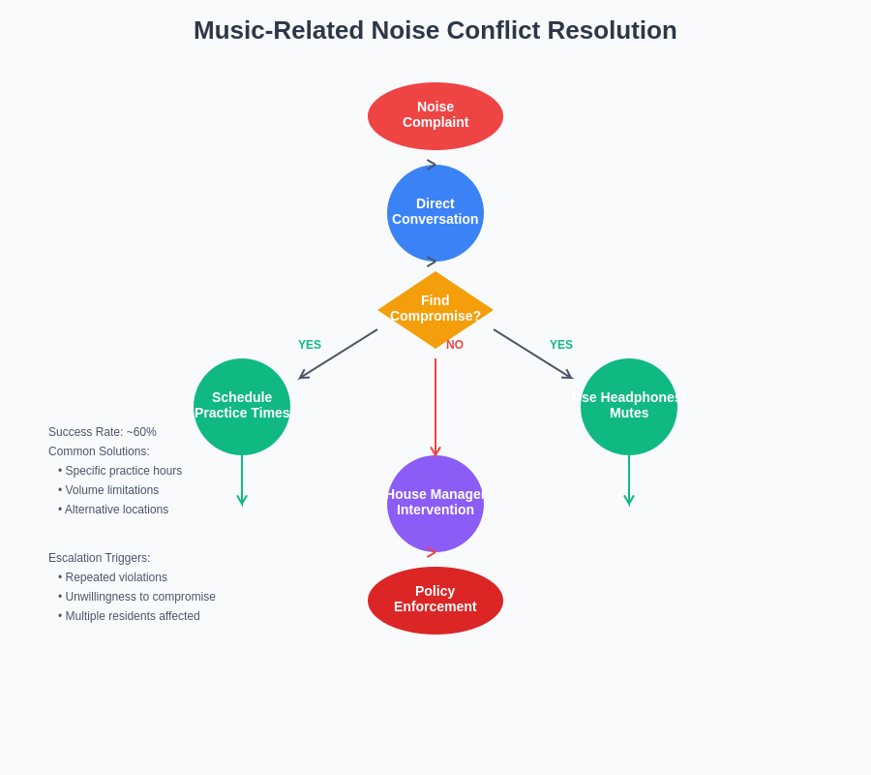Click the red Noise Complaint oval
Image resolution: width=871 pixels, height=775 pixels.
pos(435,115)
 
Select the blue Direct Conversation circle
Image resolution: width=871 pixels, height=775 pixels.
pos(435,212)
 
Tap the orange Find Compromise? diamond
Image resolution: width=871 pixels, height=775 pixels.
pos(435,309)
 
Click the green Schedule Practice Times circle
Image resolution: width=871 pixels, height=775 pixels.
pos(242,406)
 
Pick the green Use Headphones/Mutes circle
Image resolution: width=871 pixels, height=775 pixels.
pos(629,406)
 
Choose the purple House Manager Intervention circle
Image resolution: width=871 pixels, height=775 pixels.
pos(435,503)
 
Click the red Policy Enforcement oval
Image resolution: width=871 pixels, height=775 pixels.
pos(435,600)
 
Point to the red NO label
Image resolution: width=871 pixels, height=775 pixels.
pos(455,345)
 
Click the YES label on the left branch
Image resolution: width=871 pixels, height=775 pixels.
pos(310,345)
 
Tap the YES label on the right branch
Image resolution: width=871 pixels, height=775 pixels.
pos(561,345)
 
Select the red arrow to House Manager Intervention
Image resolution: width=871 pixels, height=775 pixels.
pos(435,407)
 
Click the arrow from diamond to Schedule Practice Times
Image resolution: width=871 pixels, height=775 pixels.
pos(338,354)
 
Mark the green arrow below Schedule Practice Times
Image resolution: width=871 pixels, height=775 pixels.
pos(242,480)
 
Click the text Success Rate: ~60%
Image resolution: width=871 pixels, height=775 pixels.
pos(103,432)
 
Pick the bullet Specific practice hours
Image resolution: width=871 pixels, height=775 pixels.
pos(123,471)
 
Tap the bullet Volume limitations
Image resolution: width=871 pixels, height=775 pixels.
pos(111,490)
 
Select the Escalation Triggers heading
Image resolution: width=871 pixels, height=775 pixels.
pos(100,558)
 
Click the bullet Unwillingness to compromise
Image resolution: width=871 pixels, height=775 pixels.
pos(139,597)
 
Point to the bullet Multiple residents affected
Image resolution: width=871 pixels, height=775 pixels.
pos(132,616)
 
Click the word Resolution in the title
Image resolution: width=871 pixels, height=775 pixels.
pos(612,30)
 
